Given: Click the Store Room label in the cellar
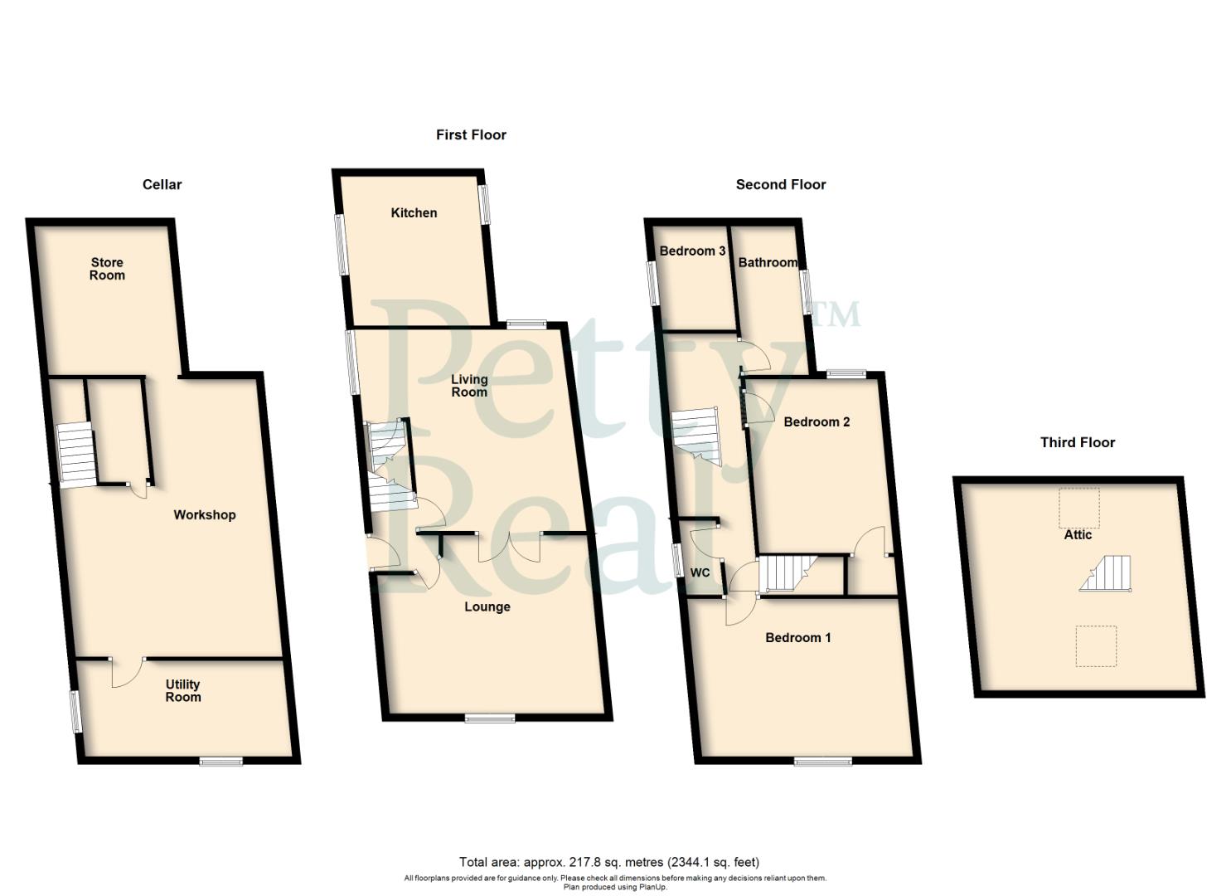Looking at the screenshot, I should [107, 269].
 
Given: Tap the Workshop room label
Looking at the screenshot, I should [204, 515].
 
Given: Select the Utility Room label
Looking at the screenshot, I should [182, 690].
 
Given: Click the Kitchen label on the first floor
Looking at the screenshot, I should [414, 213].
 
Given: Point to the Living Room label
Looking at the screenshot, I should [468, 386].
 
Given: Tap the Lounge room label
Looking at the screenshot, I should [487, 607].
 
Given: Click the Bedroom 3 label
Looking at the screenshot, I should [692, 251].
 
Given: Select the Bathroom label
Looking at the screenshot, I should [768, 263].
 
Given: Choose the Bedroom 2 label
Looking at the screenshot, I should [817, 422].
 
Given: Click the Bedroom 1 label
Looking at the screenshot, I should [797, 638].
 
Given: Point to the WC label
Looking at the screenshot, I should [700, 573].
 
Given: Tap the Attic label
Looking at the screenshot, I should [1078, 535].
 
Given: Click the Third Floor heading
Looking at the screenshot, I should [1077, 443].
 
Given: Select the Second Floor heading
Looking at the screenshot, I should [780, 185].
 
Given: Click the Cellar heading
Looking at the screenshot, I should [162, 185].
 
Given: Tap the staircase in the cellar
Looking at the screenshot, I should [77, 455].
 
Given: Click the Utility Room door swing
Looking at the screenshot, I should [127, 673].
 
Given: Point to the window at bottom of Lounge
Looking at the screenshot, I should [489, 718].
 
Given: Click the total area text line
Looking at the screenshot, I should [608, 862].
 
